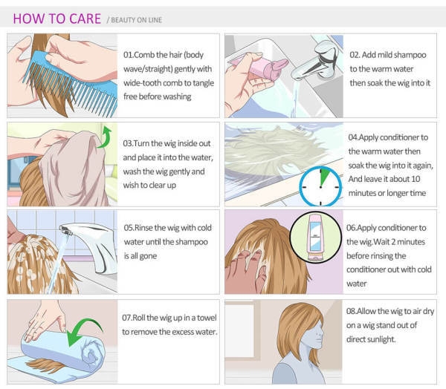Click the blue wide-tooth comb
click(71, 82)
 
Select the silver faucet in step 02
click(316, 61)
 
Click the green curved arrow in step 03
click(105, 137)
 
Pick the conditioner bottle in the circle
click(315, 238)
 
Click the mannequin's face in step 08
click(313, 336)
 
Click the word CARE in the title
click(85, 19)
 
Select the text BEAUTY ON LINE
click(137, 20)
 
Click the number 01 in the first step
click(127, 54)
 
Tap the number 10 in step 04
click(416, 179)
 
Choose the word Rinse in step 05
click(144, 228)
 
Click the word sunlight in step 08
click(381, 339)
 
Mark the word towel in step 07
click(207, 318)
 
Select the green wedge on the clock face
click(323, 177)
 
